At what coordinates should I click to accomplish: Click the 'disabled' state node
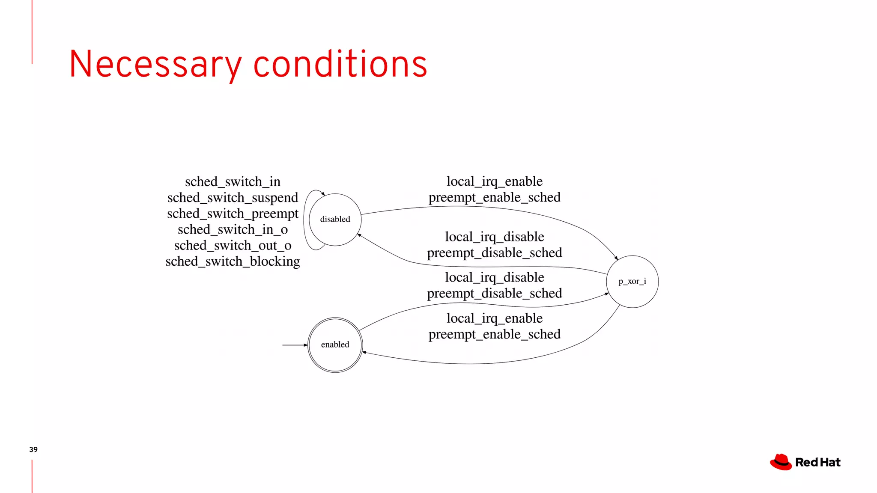tap(335, 220)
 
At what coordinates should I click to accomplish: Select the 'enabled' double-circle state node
tap(335, 345)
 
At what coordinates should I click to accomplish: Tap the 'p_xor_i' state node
tap(632, 282)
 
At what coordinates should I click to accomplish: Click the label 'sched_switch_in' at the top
tap(233, 182)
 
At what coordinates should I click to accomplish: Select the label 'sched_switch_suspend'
tap(233, 198)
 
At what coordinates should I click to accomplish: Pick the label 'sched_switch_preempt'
tap(233, 214)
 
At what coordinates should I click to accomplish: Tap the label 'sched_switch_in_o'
tap(233, 230)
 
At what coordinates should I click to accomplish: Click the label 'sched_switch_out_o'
tap(233, 246)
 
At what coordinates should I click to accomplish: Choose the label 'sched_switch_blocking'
tap(233, 261)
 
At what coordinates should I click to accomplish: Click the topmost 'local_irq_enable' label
tap(495, 181)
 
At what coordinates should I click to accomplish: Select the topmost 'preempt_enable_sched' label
tap(495, 197)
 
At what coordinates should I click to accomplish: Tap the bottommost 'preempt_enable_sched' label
tap(495, 334)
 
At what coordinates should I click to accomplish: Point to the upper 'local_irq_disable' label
tap(495, 237)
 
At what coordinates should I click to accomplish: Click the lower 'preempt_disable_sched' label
tap(495, 294)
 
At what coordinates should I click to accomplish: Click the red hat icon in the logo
tap(781, 462)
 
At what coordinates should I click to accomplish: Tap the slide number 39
tap(33, 449)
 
